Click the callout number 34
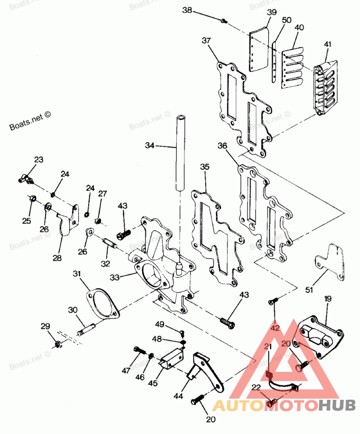pyautogui.click(x=150, y=145)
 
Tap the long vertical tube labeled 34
pyautogui.click(x=180, y=153)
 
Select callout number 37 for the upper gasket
pyautogui.click(x=207, y=41)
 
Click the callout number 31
pyautogui.click(x=77, y=273)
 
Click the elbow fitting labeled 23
pyautogui.click(x=27, y=180)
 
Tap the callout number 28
pyautogui.click(x=57, y=258)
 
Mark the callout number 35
pyautogui.click(x=205, y=167)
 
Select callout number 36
pyautogui.click(x=222, y=146)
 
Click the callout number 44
pyautogui.click(x=179, y=397)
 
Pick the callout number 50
pyautogui.click(x=286, y=21)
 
